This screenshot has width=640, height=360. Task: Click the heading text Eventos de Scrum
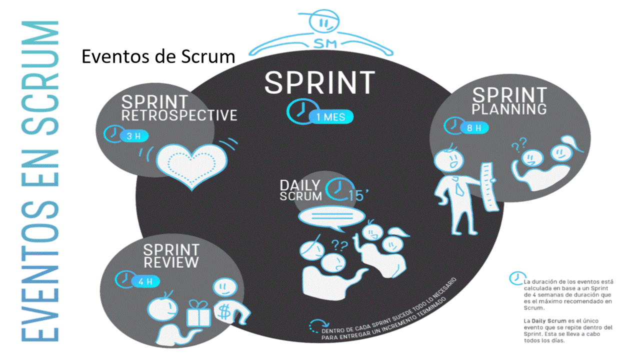coord(158,56)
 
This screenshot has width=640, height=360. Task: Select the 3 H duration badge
coord(133,136)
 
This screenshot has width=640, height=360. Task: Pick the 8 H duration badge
coord(474,128)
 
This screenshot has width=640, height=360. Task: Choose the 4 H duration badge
coord(145,281)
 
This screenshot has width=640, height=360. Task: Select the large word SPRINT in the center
coord(319,83)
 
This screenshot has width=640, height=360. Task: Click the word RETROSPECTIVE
coord(179,115)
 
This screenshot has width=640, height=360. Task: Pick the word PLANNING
coord(509,108)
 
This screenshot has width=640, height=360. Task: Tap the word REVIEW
coord(171,261)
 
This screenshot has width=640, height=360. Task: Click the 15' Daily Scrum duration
coord(357,194)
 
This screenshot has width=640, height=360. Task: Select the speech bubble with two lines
coord(323,219)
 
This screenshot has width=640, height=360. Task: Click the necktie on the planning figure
coord(458,187)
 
